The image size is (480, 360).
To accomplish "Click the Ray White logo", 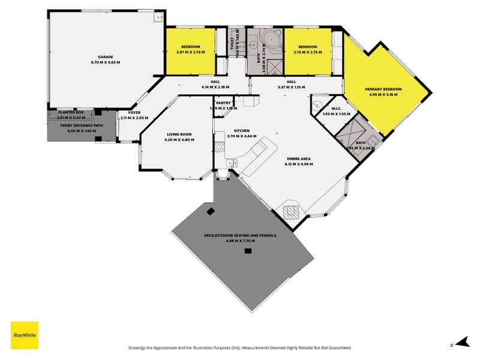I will point(25,335).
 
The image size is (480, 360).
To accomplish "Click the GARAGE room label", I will point(106,58).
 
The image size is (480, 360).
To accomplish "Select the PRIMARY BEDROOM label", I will point(383,89).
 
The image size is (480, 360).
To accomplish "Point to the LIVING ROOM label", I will point(179,134).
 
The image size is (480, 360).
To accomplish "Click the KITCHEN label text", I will point(241,130).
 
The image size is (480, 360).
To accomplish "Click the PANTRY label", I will point(223,103).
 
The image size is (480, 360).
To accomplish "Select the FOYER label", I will point(133,112).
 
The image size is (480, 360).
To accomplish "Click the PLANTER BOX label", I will point(70,112).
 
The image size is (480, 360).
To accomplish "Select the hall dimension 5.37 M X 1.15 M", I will point(291,87).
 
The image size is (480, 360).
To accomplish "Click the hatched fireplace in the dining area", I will point(291,211).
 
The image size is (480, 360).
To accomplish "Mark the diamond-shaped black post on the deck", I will point(211,211).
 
